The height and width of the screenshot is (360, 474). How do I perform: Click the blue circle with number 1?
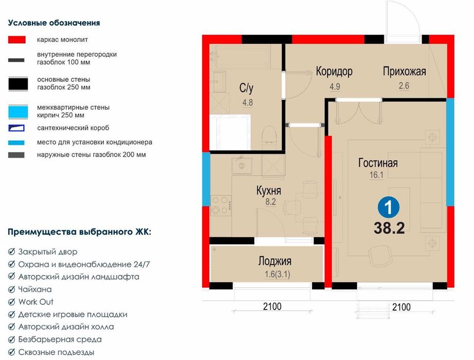(x=389, y=207)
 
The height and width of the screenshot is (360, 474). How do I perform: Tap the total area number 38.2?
(x=389, y=228)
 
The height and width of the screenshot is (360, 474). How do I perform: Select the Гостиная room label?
(x=378, y=163)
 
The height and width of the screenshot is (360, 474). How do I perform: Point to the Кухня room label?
(x=269, y=191)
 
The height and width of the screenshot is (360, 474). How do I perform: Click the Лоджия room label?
(x=275, y=261)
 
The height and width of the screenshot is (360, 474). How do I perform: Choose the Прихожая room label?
(x=404, y=72)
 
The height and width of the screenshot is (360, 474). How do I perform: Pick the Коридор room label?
(x=334, y=72)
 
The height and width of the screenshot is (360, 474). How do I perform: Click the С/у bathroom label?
(x=247, y=88)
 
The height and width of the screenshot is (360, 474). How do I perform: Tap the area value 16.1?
(x=376, y=175)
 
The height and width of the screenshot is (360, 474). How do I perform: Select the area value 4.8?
(x=248, y=102)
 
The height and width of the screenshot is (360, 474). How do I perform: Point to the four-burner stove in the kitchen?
(x=221, y=205)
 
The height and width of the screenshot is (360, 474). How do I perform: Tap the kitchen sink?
(x=241, y=165)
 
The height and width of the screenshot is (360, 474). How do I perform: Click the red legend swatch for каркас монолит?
(x=16, y=40)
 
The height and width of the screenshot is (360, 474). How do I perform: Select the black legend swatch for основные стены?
(x=18, y=84)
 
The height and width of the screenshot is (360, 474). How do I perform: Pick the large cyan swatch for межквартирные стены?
(x=18, y=112)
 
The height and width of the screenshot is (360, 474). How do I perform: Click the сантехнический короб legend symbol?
(x=16, y=128)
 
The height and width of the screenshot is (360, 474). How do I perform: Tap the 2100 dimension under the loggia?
(x=272, y=306)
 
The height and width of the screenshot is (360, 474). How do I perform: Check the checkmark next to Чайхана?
(x=11, y=289)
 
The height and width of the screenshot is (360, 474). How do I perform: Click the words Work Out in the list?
(x=36, y=302)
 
